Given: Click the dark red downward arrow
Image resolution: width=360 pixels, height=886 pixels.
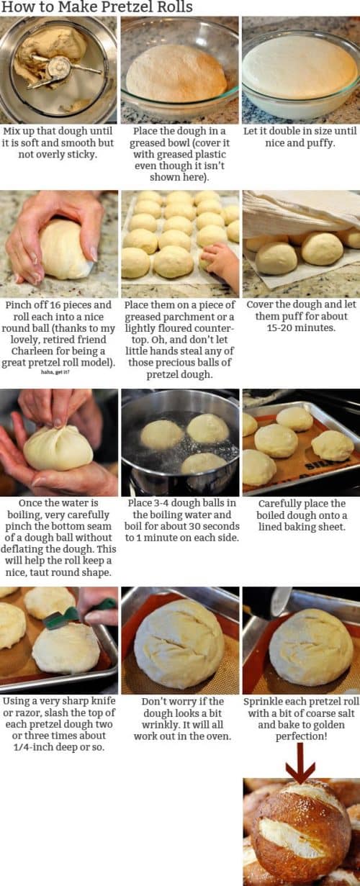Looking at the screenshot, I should pos(300,762).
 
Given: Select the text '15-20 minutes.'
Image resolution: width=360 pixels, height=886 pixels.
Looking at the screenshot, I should pos(300,328).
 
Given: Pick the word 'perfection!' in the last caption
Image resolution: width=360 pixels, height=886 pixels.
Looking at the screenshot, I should pos(300,736).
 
